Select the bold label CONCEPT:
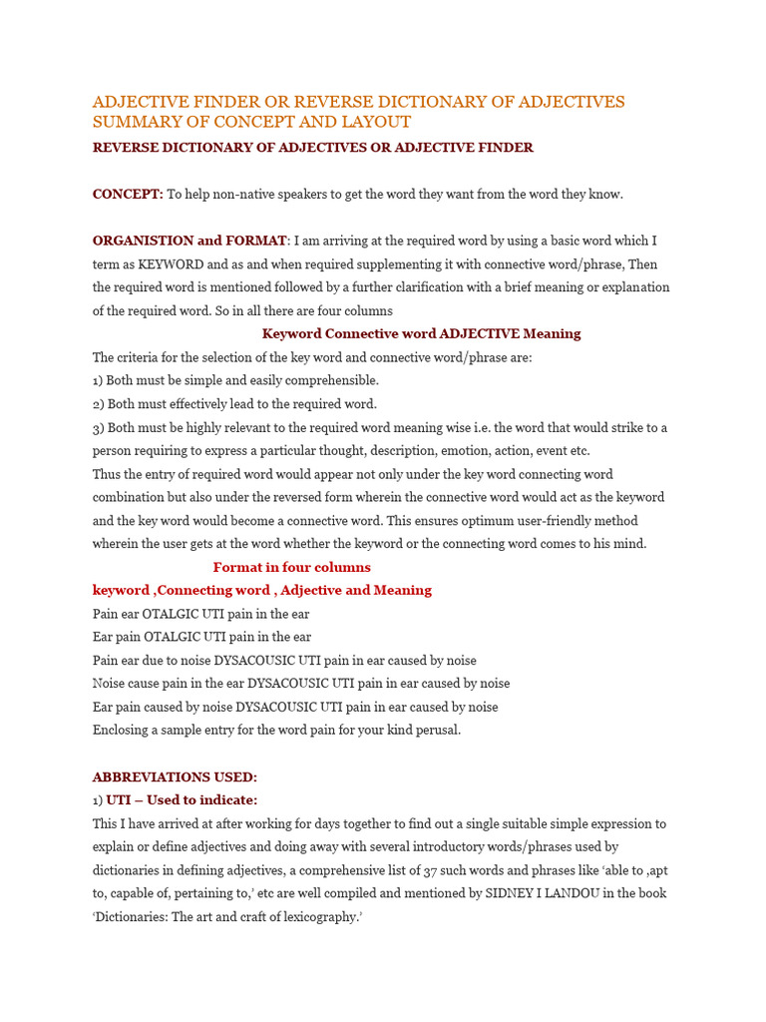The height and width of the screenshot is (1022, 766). coord(128,195)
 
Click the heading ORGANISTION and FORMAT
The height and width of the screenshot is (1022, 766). coord(190,241)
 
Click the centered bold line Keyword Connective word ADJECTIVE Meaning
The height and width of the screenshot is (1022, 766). coord(421,333)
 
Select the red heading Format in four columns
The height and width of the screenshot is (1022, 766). coord(291,567)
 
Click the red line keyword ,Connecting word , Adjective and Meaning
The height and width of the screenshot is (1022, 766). coord(262,590)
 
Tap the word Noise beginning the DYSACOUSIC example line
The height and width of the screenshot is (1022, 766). coord(111,684)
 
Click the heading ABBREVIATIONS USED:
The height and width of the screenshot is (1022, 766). coord(175,776)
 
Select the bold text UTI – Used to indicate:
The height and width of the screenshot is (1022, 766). coord(182,800)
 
